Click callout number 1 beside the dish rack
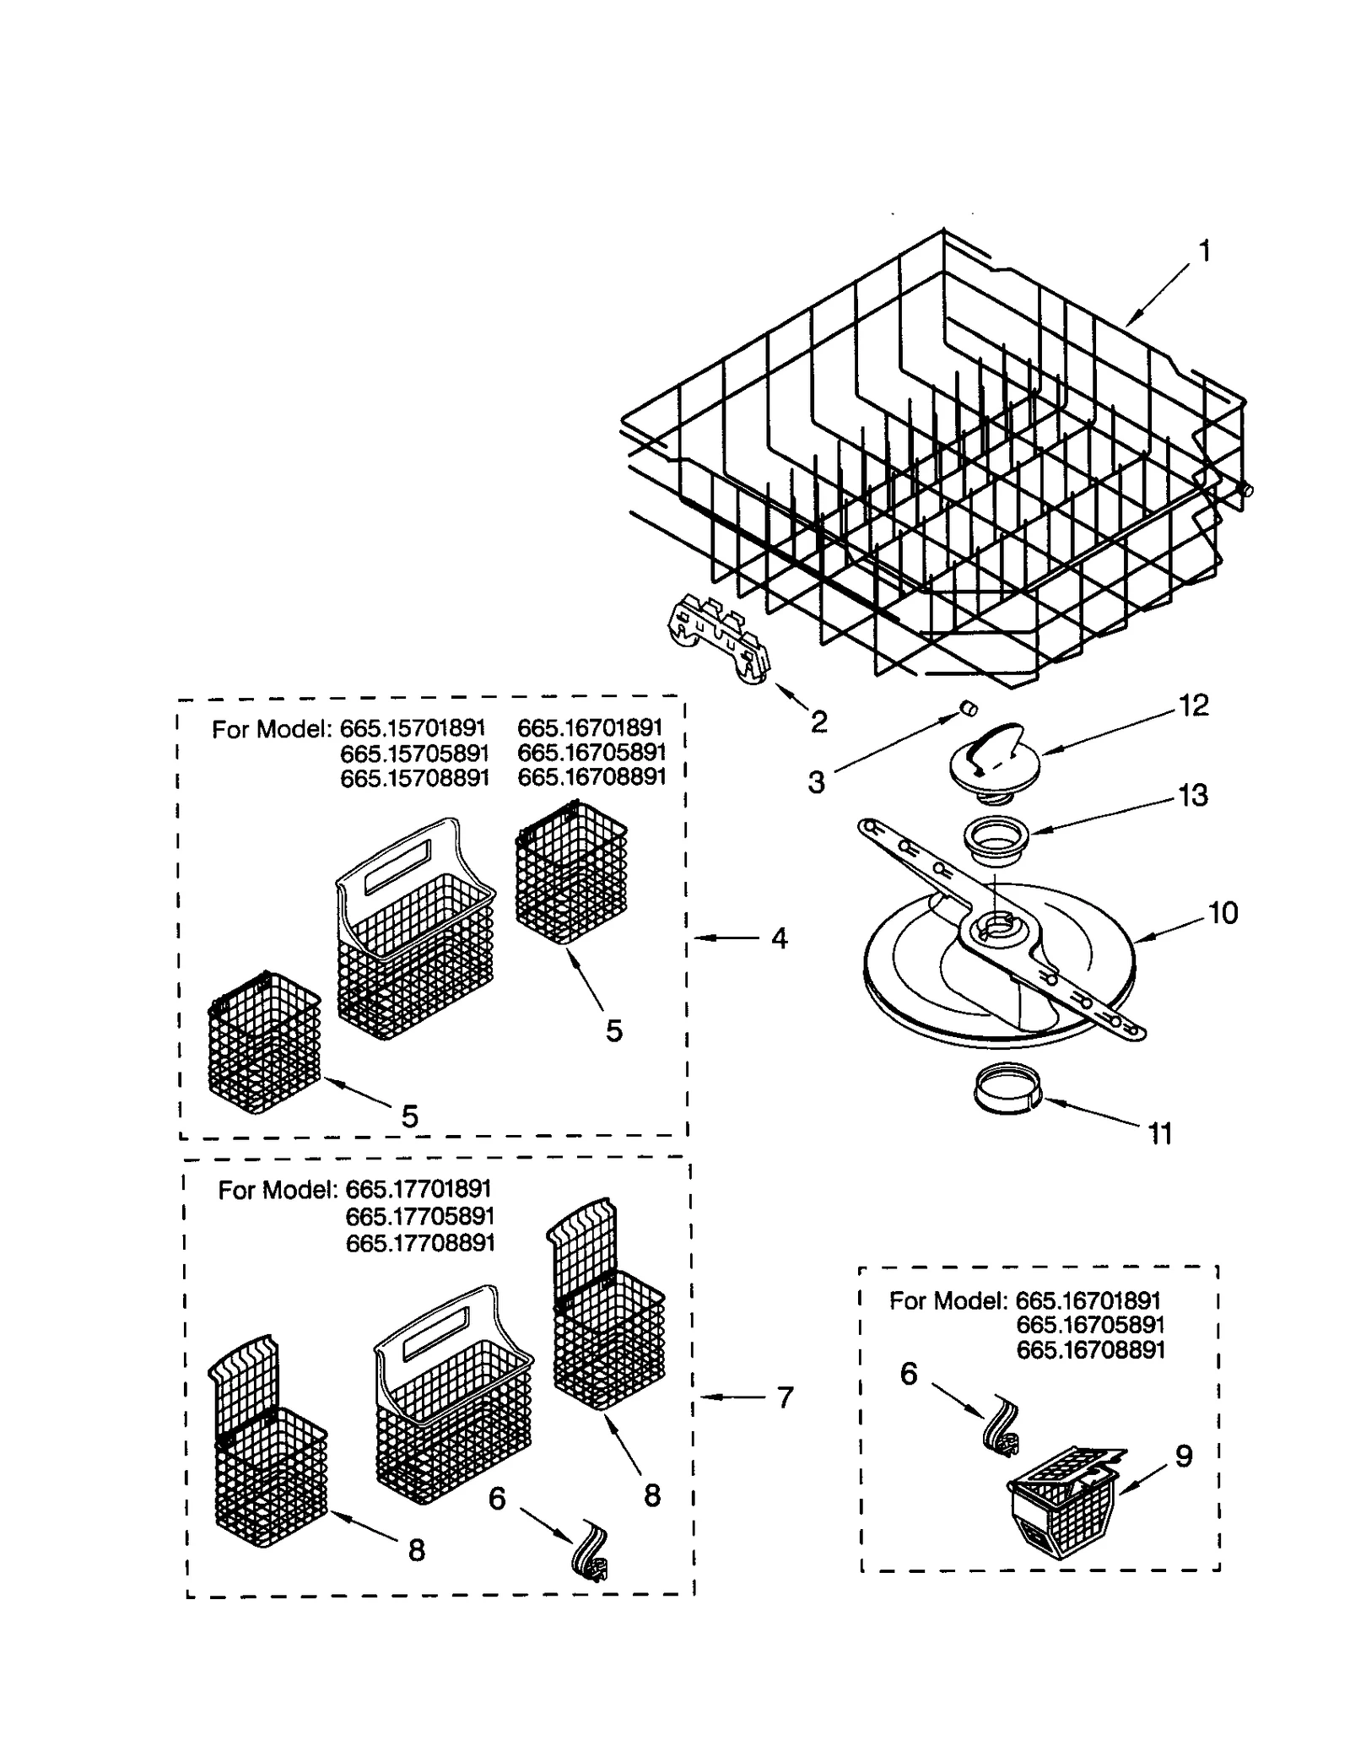pyautogui.click(x=1204, y=251)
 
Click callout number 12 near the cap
pyautogui.click(x=1193, y=705)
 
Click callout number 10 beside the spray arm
pyautogui.click(x=1223, y=913)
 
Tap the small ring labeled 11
pyautogui.click(x=1007, y=1093)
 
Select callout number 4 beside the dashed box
pyautogui.click(x=779, y=938)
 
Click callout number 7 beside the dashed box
pyautogui.click(x=785, y=1399)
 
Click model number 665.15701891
pyautogui.click(x=412, y=728)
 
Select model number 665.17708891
pyautogui.click(x=419, y=1243)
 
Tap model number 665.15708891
pyautogui.click(x=414, y=778)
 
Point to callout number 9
pyautogui.click(x=1184, y=1456)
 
